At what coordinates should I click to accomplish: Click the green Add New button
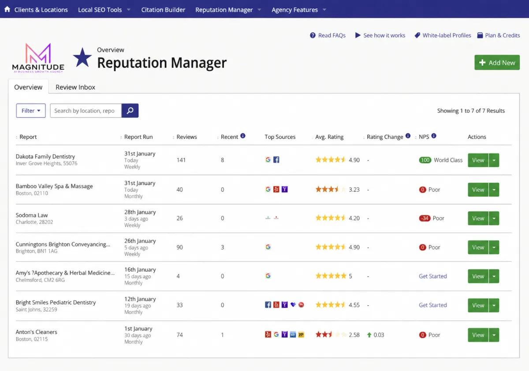[497, 62]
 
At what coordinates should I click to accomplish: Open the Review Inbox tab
[75, 87]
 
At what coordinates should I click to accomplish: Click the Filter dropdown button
[31, 111]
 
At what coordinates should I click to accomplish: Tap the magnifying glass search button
[130, 111]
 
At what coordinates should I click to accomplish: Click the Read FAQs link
[328, 35]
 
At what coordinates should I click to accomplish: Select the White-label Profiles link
[443, 35]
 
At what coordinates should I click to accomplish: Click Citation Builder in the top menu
[163, 10]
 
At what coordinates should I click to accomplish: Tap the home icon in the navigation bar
[7, 9]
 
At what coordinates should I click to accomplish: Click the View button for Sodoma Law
[478, 218]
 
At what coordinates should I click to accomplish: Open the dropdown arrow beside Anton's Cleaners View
[494, 335]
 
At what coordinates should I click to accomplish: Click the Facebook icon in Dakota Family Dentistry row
[276, 160]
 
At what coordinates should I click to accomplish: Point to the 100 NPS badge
[425, 160]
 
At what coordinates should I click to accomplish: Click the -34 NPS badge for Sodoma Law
[425, 218]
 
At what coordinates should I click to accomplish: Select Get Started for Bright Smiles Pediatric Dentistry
[432, 305]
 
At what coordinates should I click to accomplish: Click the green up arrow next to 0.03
[369, 335]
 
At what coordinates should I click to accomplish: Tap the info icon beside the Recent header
[243, 136]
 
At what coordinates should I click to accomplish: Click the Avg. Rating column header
[329, 137]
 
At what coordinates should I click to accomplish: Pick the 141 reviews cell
[181, 160]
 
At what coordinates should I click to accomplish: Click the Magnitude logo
[38, 58]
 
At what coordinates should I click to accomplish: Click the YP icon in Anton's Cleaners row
[301, 335]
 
